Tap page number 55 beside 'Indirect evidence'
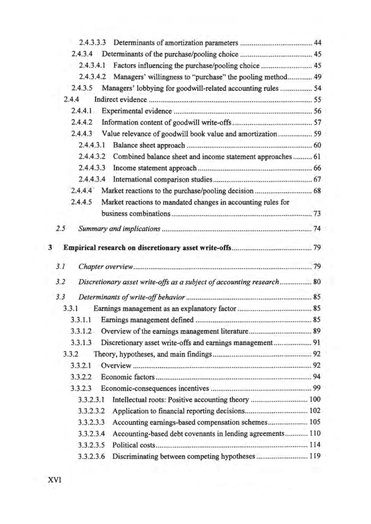click(x=317, y=100)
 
